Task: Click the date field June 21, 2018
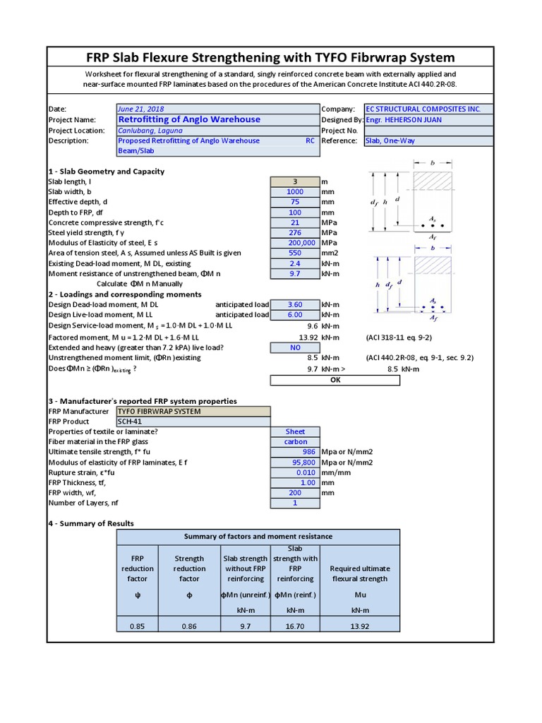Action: coord(141,109)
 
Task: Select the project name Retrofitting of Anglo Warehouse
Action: coord(189,119)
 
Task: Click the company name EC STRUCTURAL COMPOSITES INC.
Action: coord(423,109)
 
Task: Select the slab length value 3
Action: coord(295,181)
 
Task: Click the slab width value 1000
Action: coord(295,192)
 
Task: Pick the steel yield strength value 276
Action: coord(295,233)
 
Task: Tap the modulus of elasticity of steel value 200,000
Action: coord(295,243)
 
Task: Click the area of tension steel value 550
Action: coord(295,253)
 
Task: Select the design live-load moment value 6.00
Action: coord(295,315)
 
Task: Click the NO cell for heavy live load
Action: coord(295,347)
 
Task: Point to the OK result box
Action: coord(335,380)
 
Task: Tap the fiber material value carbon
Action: coord(295,442)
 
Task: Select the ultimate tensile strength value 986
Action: coord(295,452)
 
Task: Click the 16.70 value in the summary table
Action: coord(295,625)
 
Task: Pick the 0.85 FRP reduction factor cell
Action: coord(138,625)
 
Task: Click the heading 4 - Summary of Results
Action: coord(91,523)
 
